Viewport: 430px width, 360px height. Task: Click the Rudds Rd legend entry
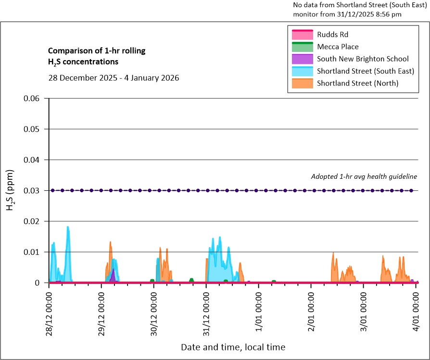pyautogui.click(x=332, y=35)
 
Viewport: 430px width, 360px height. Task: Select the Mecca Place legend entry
pyautogui.click(x=338, y=47)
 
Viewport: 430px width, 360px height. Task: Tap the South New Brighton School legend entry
pyautogui.click(x=363, y=59)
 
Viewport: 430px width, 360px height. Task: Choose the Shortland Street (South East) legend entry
pyautogui.click(x=365, y=71)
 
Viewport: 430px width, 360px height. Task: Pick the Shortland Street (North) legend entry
pyautogui.click(x=357, y=83)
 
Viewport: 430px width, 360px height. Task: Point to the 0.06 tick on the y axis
pyautogui.click(x=35, y=99)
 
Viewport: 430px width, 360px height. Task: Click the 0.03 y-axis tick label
pyautogui.click(x=35, y=191)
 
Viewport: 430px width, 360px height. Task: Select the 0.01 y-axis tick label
pyautogui.click(x=35, y=252)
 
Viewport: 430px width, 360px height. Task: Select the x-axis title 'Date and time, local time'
pyautogui.click(x=233, y=347)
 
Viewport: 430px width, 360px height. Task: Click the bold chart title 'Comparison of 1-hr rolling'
pyautogui.click(x=97, y=50)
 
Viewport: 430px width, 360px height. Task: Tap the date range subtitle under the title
pyautogui.click(x=114, y=77)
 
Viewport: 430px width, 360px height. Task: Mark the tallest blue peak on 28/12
pyautogui.click(x=68, y=227)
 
